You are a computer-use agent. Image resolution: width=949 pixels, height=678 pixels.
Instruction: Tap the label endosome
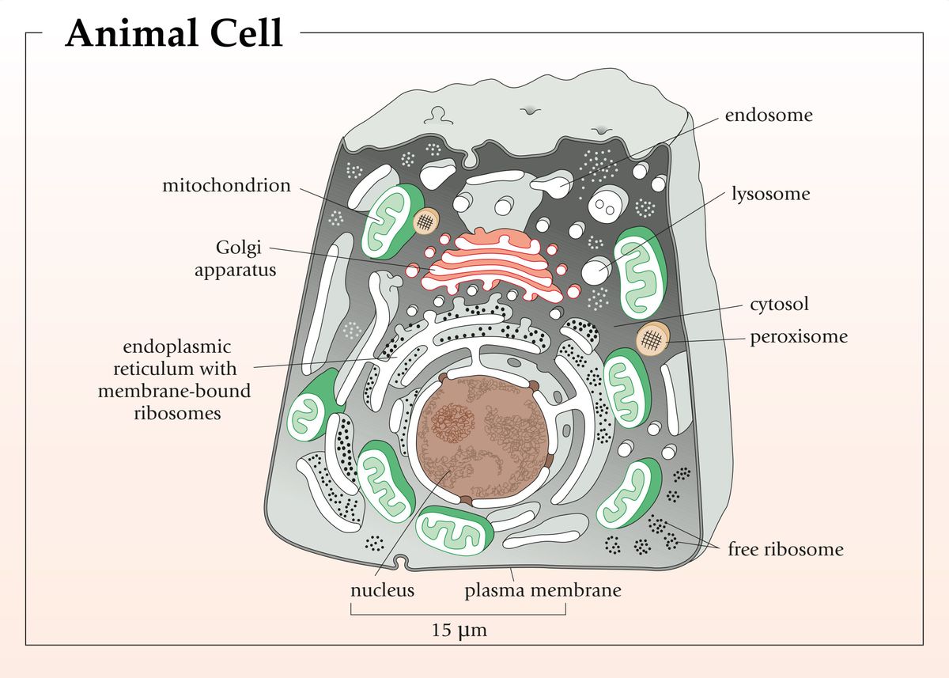pyautogui.click(x=769, y=116)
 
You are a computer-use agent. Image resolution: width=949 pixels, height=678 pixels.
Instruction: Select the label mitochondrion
pyautogui.click(x=226, y=186)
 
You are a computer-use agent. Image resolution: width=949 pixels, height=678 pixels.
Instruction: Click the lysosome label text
pyautogui.click(x=770, y=194)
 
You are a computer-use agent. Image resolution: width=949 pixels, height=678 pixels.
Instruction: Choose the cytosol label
pyautogui.click(x=779, y=305)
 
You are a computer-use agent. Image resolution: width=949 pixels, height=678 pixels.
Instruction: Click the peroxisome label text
pyautogui.click(x=798, y=337)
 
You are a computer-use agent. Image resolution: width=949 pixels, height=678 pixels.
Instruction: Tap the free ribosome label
pyautogui.click(x=785, y=549)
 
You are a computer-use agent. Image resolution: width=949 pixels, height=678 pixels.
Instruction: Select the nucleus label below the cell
pyautogui.click(x=382, y=590)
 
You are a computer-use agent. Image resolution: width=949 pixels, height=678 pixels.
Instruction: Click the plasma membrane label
pyautogui.click(x=543, y=590)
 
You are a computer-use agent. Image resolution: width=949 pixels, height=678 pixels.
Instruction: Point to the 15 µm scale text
pyautogui.click(x=459, y=631)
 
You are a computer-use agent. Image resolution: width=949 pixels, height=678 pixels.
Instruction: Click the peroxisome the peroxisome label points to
pyautogui.click(x=652, y=338)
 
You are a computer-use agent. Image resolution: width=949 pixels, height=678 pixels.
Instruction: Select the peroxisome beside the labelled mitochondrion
pyautogui.click(x=427, y=222)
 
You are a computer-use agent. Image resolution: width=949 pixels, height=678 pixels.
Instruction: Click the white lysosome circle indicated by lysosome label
pyautogui.click(x=595, y=271)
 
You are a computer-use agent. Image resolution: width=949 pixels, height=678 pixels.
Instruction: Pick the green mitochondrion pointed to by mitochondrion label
pyautogui.click(x=385, y=222)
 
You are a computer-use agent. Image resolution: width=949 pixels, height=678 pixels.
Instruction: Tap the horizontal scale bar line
pyautogui.click(x=459, y=614)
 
